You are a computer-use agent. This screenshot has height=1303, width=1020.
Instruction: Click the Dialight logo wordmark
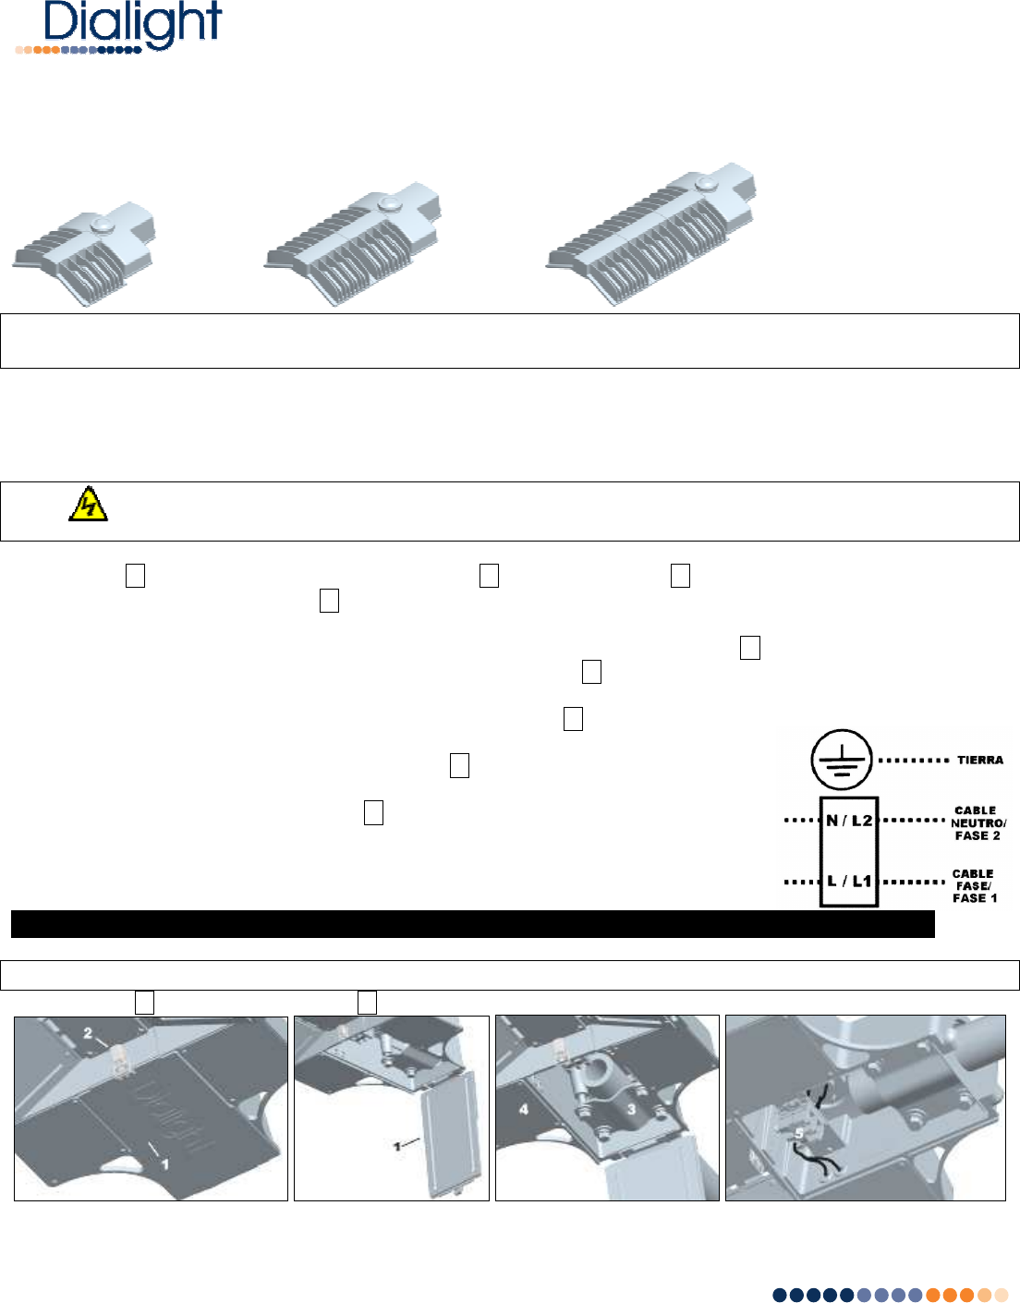(132, 23)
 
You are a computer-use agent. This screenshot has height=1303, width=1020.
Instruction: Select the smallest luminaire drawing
(84, 254)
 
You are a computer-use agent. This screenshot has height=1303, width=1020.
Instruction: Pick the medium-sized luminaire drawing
(353, 245)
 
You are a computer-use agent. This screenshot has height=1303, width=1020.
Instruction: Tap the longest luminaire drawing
(650, 234)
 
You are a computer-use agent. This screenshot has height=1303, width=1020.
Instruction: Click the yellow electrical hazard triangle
(88, 504)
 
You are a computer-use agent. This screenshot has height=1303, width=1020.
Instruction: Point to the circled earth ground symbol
(842, 760)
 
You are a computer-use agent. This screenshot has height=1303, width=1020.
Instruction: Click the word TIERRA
(980, 761)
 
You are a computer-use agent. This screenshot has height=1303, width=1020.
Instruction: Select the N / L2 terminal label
(848, 821)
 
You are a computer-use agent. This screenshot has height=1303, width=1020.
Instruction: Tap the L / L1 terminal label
(848, 881)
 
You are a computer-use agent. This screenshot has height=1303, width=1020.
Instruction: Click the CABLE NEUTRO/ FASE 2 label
(978, 822)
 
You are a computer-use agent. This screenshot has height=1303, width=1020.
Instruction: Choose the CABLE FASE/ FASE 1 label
(975, 885)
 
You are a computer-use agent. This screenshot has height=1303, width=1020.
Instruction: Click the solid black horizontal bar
(473, 924)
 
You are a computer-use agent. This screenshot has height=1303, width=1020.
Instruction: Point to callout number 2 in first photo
(88, 1033)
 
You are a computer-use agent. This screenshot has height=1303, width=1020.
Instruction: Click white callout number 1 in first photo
(164, 1164)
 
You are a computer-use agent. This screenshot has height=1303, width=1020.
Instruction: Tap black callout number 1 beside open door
(396, 1147)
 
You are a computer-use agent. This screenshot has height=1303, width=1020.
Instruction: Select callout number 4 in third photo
(524, 1109)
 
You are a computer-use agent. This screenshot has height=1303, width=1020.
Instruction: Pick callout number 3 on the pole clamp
(631, 1109)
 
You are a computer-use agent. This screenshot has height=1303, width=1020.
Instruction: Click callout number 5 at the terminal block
(799, 1134)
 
